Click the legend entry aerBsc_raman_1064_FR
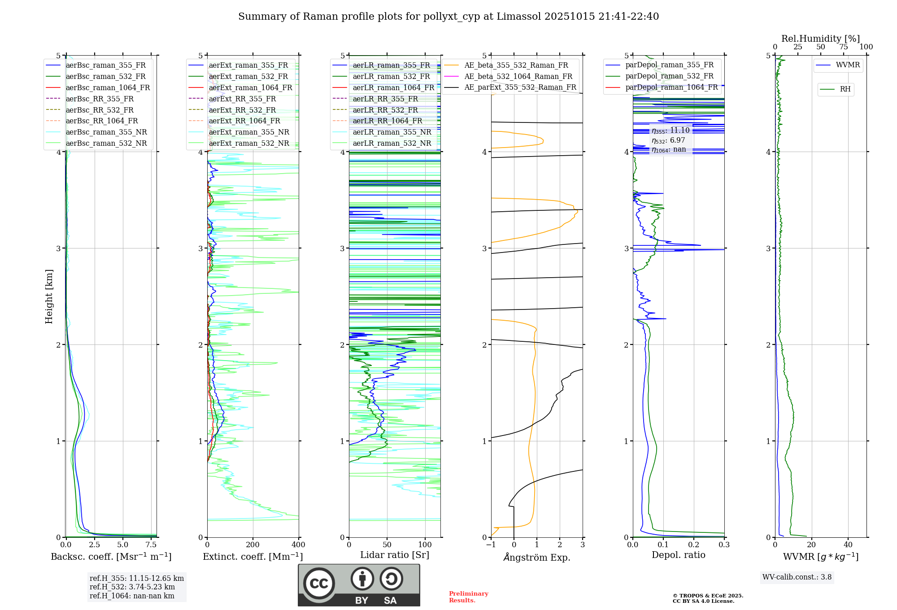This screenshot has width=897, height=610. [x=108, y=88]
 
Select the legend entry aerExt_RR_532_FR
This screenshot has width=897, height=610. [x=242, y=110]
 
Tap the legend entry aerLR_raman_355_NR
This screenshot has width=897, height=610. [x=392, y=132]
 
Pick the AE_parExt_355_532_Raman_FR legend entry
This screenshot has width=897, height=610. [x=520, y=87]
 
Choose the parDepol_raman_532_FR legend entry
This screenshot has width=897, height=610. [x=669, y=76]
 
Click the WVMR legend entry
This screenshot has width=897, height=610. [x=848, y=65]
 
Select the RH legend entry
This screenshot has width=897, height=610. [x=845, y=89]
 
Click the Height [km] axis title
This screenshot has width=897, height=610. [x=49, y=296]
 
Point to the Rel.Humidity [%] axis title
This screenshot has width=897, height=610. [x=820, y=39]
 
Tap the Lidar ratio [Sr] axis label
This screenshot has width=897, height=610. [x=395, y=555]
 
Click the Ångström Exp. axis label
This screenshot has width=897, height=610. [x=537, y=557]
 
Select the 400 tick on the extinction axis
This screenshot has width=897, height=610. [x=299, y=545]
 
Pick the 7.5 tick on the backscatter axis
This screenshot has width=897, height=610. [x=151, y=545]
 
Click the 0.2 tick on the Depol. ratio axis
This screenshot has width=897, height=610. [x=694, y=545]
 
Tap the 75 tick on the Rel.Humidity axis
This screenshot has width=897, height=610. [x=844, y=47]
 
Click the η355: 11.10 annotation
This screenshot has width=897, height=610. [x=671, y=131]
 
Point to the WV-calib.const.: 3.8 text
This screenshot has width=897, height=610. [x=797, y=577]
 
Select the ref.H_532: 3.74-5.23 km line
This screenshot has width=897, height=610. [x=132, y=587]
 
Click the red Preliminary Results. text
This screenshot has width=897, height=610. [x=468, y=597]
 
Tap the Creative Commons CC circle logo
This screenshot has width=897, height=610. [x=319, y=583]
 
